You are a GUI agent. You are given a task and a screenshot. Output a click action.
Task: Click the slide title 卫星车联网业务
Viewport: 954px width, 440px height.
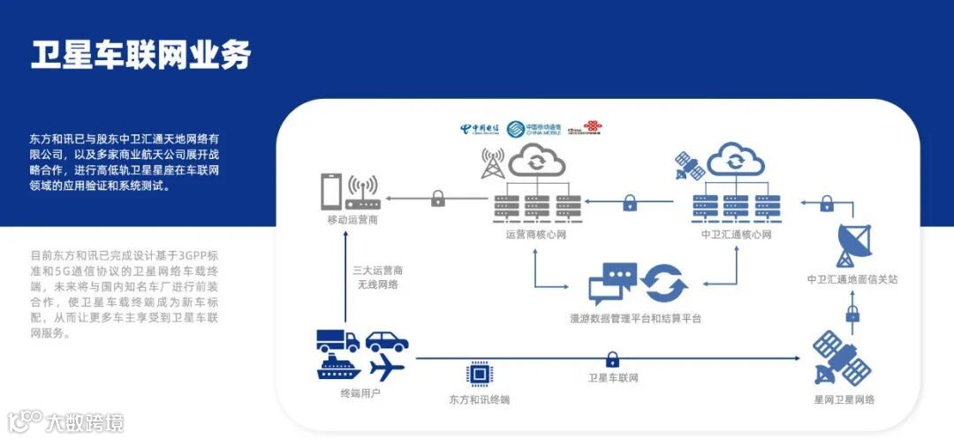[x=141, y=54]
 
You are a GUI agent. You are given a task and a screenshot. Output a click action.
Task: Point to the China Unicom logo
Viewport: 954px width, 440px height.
[x=584, y=130]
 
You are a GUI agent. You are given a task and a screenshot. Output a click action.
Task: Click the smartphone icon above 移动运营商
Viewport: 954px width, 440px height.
[x=331, y=191]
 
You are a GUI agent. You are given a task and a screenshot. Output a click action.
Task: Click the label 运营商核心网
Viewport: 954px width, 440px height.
[x=535, y=235]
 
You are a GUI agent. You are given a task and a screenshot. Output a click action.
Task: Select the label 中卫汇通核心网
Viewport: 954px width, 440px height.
[x=736, y=235]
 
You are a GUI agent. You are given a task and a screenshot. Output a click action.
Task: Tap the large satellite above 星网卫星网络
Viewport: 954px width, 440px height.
[x=841, y=358]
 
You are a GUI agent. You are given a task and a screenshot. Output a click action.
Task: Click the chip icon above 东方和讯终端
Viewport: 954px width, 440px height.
[x=479, y=374]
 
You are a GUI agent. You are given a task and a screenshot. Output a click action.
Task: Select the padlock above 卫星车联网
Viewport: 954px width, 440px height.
[x=612, y=359]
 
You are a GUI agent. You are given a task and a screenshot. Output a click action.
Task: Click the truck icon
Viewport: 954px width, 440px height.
[x=337, y=340]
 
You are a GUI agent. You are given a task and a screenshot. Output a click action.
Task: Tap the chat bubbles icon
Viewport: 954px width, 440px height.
[x=613, y=284]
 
